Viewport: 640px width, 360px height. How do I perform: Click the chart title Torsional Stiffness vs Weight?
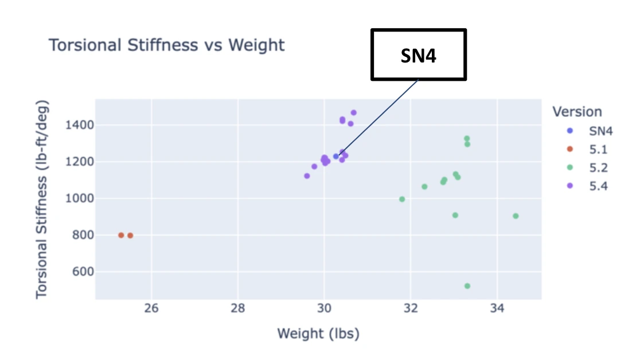coord(166,45)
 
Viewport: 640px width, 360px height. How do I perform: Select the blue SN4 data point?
coord(336,156)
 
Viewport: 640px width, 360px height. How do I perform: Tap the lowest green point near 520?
coord(467,286)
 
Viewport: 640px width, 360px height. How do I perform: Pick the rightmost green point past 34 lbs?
coord(516,216)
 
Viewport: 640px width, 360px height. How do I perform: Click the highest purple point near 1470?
coord(354,113)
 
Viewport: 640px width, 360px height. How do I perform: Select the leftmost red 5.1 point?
coord(121,235)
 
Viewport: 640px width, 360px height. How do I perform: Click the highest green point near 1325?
coord(467,139)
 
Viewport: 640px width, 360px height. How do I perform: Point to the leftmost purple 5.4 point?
coord(307,176)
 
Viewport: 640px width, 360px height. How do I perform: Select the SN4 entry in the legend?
coord(601,131)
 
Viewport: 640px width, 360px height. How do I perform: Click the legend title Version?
coord(577,112)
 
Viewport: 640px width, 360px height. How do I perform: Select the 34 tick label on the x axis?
coord(497,308)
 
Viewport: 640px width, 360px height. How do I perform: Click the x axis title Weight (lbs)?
coord(318,334)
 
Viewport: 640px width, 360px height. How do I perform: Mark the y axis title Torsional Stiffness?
coord(42,199)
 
